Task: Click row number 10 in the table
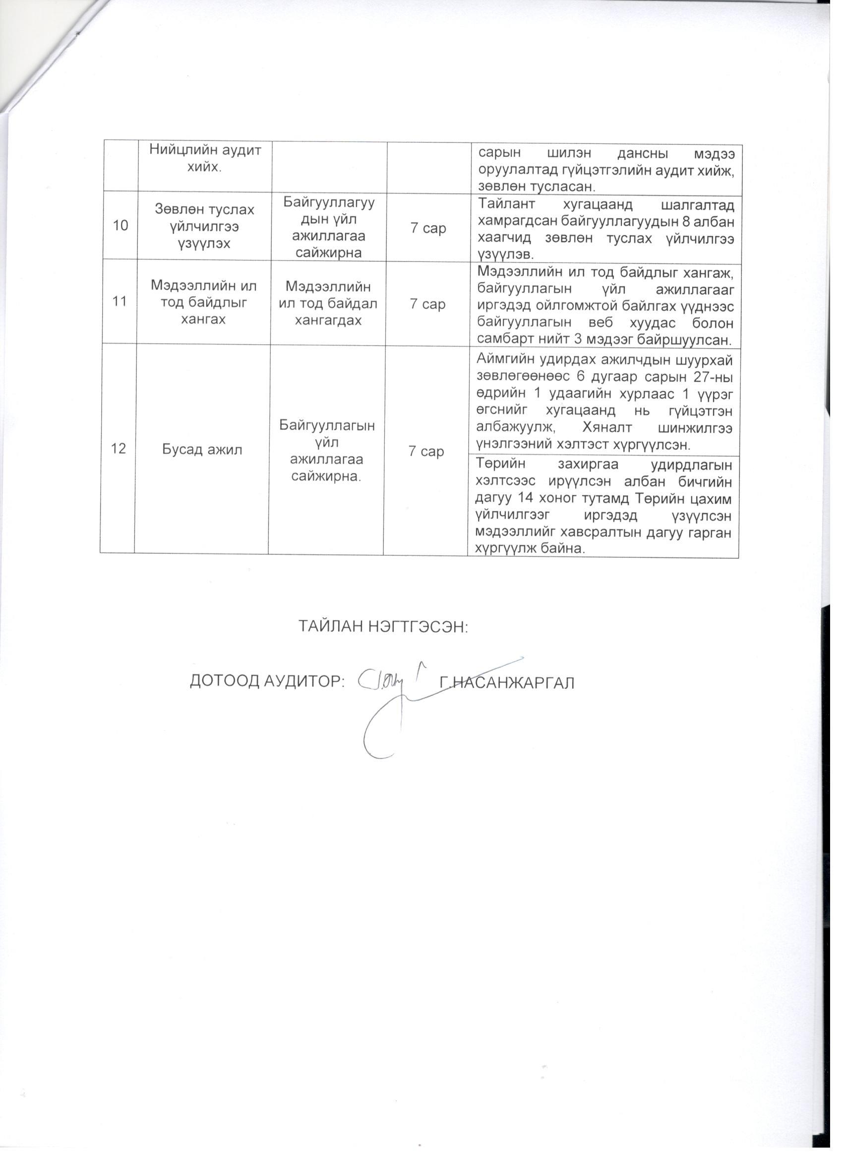[120, 226]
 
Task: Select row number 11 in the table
[119, 302]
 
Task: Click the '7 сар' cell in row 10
[428, 228]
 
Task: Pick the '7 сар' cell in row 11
[427, 304]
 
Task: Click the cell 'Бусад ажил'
[202, 450]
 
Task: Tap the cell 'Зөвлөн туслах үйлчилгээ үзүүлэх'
[204, 226]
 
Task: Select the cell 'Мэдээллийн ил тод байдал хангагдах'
[328, 303]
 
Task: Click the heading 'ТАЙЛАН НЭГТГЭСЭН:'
[383, 627]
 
